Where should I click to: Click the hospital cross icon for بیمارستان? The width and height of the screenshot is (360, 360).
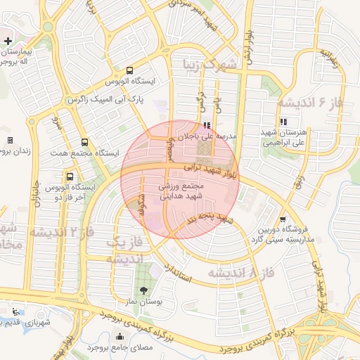[8, 41]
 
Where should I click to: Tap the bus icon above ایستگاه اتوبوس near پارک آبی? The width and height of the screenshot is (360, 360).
[129, 70]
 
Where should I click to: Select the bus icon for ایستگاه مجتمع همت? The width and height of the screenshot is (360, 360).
[84, 141]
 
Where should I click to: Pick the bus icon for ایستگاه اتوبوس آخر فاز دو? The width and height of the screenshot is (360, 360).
[69, 176]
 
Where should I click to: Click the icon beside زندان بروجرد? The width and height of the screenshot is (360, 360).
[10, 140]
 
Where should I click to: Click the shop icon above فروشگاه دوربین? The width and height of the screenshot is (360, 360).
[282, 219]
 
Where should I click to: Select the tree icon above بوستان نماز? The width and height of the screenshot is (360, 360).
[144, 290]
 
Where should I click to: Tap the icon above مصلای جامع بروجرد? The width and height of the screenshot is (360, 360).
[119, 336]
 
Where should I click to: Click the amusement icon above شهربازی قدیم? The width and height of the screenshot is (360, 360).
[15, 311]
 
